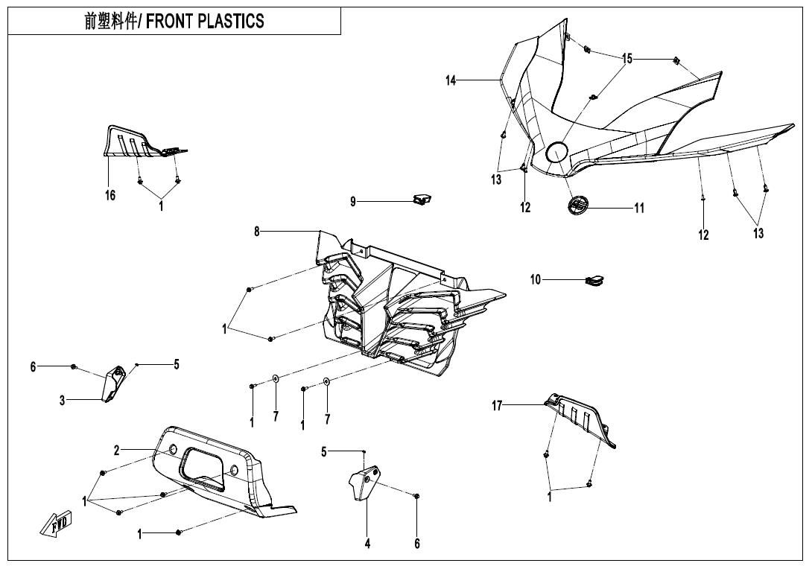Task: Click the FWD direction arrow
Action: [55, 526]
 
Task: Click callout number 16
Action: [110, 196]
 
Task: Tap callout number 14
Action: [451, 80]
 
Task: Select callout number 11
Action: [638, 208]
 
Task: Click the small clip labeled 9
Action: [422, 199]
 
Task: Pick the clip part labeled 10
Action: [594, 281]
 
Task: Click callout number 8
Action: [257, 232]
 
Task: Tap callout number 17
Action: [497, 405]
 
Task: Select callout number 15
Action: [627, 59]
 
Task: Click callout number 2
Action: [117, 450]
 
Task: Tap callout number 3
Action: [63, 401]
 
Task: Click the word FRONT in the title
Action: [170, 22]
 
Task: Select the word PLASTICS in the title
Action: [230, 22]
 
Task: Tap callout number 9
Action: [353, 201]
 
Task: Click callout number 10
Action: [536, 280]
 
